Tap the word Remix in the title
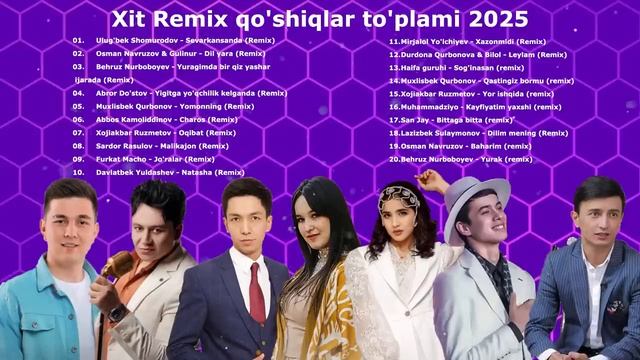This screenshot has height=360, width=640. click(201, 19)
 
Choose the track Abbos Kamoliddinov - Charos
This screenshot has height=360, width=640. click(163, 119)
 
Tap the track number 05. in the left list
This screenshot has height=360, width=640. click(78, 105)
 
